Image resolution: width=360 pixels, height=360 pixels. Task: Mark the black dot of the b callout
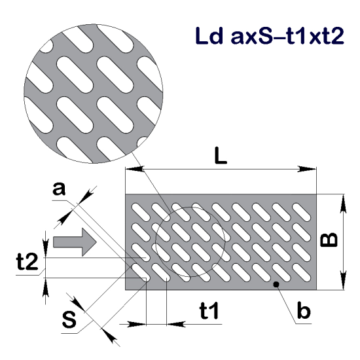[x=277, y=284]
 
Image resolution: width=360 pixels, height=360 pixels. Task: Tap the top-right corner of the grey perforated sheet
[x=317, y=194]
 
